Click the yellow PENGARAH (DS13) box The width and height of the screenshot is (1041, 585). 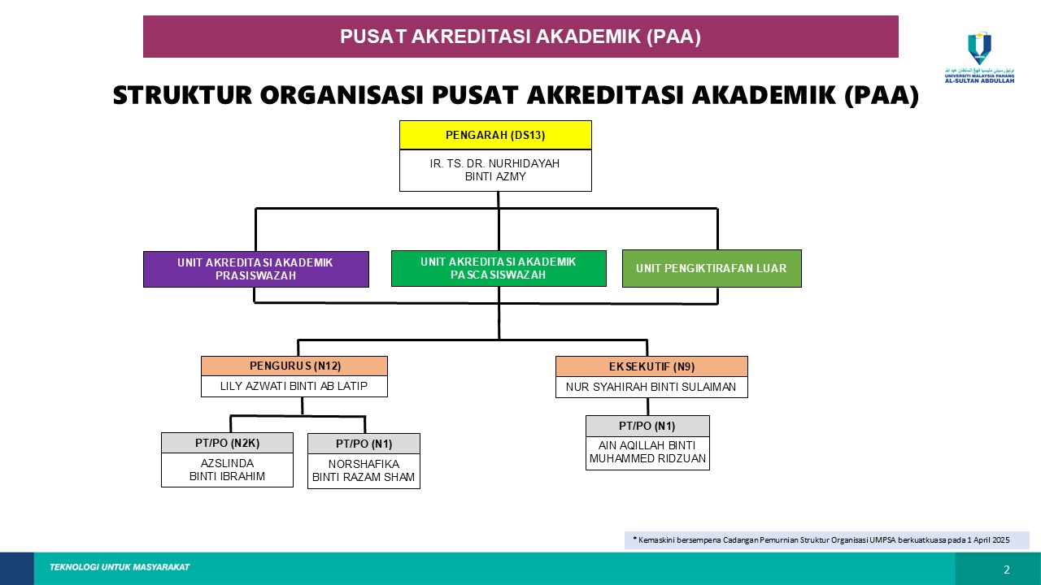pos(495,135)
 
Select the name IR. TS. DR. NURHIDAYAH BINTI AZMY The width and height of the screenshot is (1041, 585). pos(495,170)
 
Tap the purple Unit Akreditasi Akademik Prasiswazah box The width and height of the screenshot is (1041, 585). pos(256,269)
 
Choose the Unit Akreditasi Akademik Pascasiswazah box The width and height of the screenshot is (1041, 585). pos(499,268)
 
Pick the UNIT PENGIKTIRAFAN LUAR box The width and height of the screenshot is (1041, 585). pos(712,268)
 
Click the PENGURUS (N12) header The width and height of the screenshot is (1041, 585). pos(294,366)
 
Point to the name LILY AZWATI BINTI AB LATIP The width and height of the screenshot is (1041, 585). pos(294,387)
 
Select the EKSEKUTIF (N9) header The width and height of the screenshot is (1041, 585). pos(651,366)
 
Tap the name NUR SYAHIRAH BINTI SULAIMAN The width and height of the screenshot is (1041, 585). pos(651,388)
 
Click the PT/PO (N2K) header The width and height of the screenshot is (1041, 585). pos(227,443)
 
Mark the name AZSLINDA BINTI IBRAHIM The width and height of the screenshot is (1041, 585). pos(227,470)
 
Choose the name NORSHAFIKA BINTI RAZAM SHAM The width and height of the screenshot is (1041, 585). pos(364,470)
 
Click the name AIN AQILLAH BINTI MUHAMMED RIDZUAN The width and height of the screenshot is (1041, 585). pos(647,452)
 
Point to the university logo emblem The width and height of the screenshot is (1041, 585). pos(979,49)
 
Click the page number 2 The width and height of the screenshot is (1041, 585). pos(1007,570)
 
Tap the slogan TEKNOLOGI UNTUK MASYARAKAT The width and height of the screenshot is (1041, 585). pos(120,567)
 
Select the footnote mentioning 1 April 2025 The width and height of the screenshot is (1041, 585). pos(826,540)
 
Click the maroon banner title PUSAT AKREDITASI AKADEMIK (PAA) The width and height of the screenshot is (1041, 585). pos(520,37)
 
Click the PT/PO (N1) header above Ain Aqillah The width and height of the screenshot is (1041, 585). pos(647,427)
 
